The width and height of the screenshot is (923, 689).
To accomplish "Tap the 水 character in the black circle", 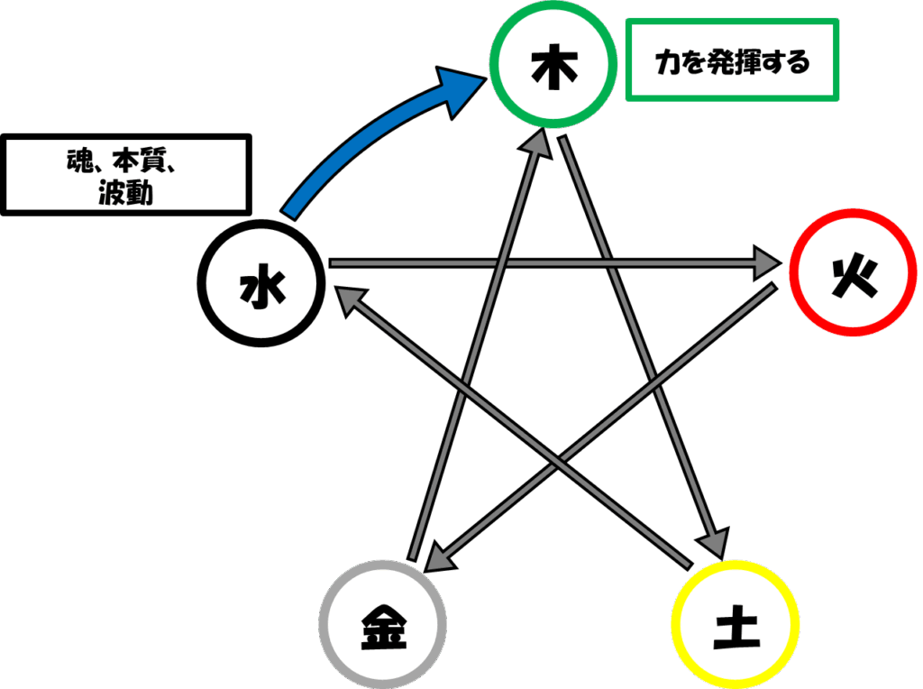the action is (x=262, y=286).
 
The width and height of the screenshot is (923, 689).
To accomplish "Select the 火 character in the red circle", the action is (x=854, y=278).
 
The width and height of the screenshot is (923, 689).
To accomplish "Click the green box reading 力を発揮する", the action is (x=732, y=60).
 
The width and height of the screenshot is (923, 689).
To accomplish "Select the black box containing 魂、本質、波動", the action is (x=126, y=175).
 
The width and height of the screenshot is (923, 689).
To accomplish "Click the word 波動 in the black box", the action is (x=126, y=193).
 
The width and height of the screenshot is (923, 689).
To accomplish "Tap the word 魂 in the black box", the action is (x=79, y=161).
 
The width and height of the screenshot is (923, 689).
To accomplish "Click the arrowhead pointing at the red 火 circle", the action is (x=768, y=262).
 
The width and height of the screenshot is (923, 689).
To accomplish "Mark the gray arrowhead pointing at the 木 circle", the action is (x=537, y=142).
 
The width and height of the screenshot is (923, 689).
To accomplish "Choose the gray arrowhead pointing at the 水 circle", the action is (x=351, y=299).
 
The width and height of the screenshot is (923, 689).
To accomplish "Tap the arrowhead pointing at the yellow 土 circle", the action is (x=713, y=543).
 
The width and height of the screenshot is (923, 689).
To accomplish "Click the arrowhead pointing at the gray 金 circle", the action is (x=440, y=558).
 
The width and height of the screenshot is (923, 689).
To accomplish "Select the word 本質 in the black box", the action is (x=139, y=161).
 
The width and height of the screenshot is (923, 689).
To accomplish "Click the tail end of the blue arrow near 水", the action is (x=288, y=215).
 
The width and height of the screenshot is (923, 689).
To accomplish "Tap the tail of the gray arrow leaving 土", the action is (x=690, y=565).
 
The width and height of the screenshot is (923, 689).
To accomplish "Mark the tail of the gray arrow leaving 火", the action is (x=774, y=287).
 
